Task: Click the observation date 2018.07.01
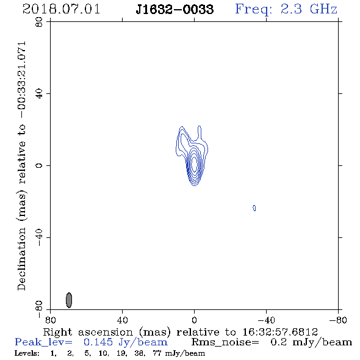point(61,9)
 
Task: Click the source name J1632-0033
point(175,10)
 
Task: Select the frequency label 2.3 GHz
point(309,9)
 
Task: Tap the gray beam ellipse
point(69,300)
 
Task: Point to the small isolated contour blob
point(254,208)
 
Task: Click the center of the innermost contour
point(194,164)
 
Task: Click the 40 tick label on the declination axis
point(39,94)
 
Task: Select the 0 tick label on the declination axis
point(39,165)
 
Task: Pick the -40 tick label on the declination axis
point(39,237)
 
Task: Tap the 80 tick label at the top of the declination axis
point(39,22)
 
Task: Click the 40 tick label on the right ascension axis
point(122,320)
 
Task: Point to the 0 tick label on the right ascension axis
point(194,320)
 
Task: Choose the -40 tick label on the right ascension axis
point(266,320)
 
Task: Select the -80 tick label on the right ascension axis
point(338,320)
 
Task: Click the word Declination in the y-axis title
point(21,259)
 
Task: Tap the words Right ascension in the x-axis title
point(88,332)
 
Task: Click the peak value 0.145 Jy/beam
point(126,342)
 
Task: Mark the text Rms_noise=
point(225,342)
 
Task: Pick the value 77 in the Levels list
point(157,353)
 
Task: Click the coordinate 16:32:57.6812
point(280,332)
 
